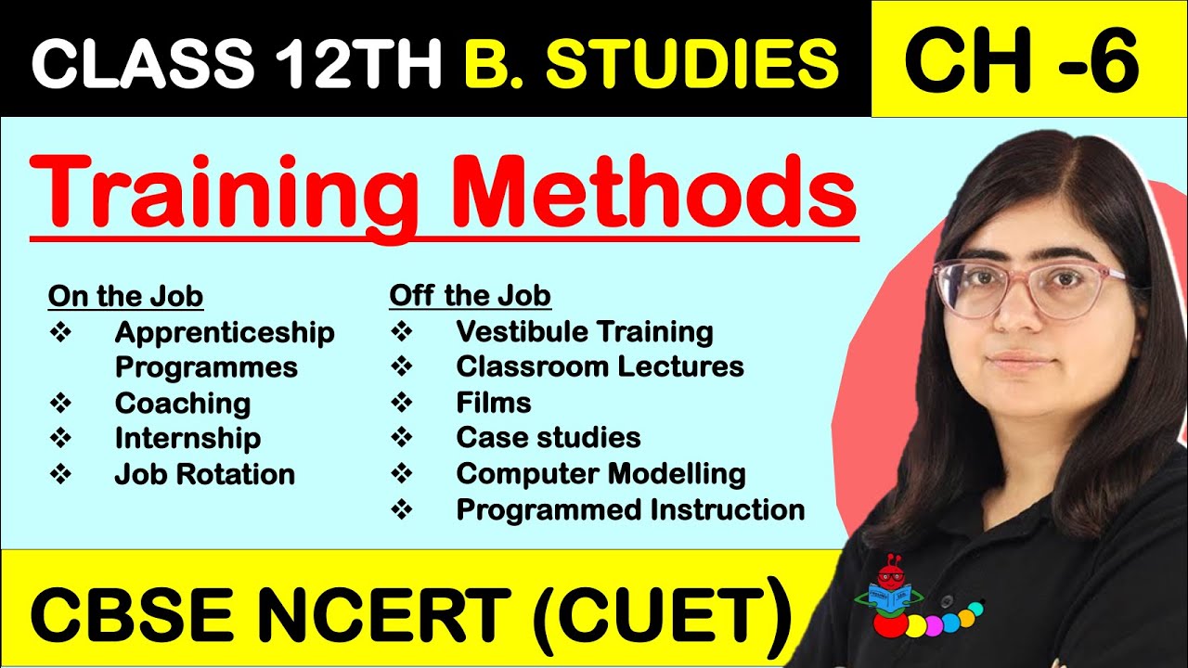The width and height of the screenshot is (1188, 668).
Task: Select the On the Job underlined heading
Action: tap(125, 297)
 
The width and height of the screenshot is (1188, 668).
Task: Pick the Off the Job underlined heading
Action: tap(470, 297)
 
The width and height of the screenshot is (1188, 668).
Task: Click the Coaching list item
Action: tap(182, 404)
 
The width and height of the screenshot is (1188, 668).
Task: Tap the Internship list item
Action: tap(187, 439)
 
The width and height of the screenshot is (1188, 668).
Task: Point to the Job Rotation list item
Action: tap(204, 474)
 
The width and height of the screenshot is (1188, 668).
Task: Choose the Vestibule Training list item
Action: tap(584, 332)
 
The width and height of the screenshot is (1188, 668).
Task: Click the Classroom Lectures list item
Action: tap(600, 367)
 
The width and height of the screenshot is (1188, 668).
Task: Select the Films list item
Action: tap(494, 403)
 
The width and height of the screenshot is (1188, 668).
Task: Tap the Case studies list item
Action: tap(549, 438)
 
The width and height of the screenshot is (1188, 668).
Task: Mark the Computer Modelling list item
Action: tap(600, 474)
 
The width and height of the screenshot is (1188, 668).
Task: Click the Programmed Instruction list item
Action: tap(630, 509)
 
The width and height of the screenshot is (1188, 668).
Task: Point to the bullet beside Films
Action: tap(401, 403)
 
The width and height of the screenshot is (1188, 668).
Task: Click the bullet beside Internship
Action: tap(60, 439)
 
